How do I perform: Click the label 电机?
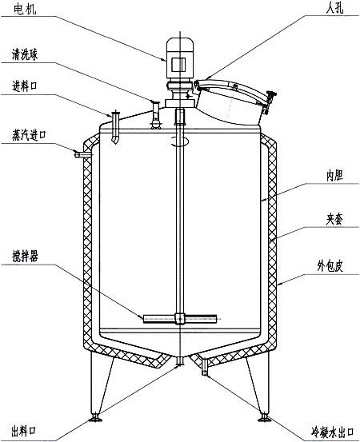[22, 10]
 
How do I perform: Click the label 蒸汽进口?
[30, 135]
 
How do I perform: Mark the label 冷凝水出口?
[328, 432]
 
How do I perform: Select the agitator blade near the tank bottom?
[180, 318]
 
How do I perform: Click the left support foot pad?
[97, 416]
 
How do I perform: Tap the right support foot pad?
[265, 416]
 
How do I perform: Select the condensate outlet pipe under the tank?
[206, 366]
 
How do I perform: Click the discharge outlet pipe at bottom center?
[180, 364]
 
